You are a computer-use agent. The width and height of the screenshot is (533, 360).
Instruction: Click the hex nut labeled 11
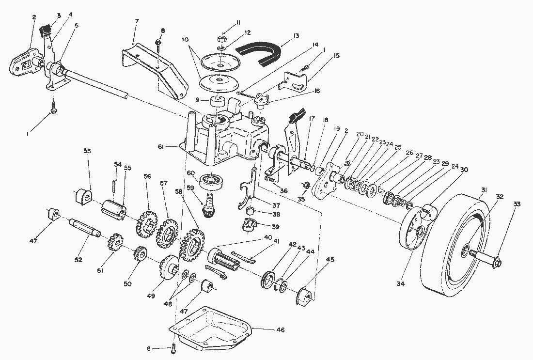[x=221, y=37]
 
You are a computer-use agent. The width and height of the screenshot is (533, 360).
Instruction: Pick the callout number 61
[x=175, y=146]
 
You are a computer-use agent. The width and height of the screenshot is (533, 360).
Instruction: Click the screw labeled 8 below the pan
[x=173, y=346]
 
